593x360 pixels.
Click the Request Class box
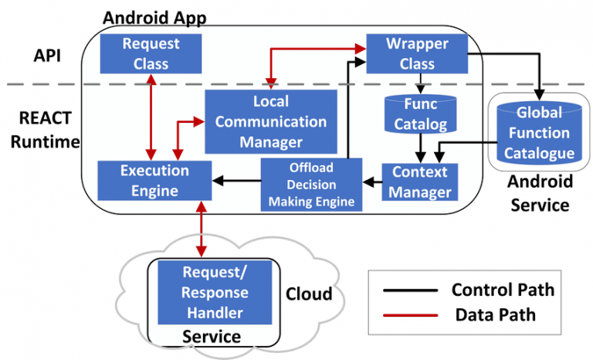pos(151,53)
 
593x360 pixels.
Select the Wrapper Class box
pos(417,53)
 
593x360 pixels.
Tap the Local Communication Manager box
pos(271,121)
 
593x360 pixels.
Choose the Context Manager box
pos(420,181)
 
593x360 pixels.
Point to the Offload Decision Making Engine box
pos(311,185)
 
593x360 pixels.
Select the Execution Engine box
pos(154,180)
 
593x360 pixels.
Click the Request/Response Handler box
pos(215,292)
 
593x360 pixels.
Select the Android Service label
pos(538,194)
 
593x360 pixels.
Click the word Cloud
pos(309,294)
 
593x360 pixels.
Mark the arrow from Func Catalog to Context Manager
pos(420,147)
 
